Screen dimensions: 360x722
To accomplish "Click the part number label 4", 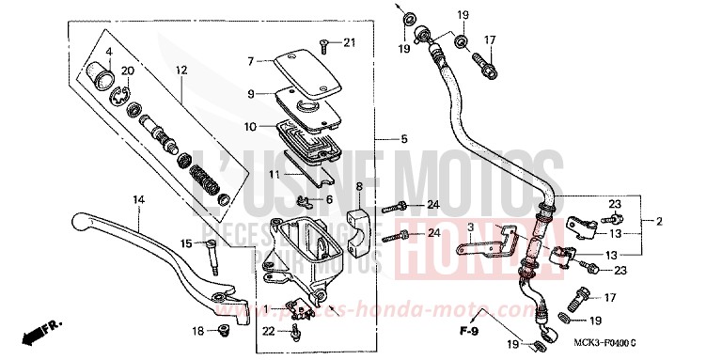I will point(108,51).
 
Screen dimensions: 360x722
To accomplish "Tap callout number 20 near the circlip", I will point(128,71).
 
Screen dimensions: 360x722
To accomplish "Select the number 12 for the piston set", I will point(181,70).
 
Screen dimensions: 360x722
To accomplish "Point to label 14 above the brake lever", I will point(138,200).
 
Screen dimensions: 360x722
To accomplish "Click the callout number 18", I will point(197,331).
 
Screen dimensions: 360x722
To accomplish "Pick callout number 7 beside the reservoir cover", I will point(251,61).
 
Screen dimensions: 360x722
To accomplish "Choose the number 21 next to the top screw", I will point(349,42).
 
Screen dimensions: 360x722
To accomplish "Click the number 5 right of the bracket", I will point(403,140).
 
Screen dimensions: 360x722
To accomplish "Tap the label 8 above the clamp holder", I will point(359,187).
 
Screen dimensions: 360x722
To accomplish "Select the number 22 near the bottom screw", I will point(270,329).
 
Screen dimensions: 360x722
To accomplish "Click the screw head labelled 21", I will point(323,41).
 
